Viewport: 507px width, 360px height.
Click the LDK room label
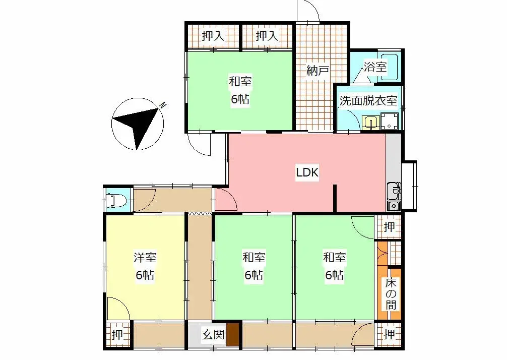(307, 172)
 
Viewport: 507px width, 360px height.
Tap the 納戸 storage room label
(318, 71)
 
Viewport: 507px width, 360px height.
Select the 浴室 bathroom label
(375, 66)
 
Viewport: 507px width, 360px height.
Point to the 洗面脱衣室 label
(368, 100)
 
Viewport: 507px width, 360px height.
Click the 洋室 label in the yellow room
(145, 258)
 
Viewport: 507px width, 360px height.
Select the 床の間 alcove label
(391, 293)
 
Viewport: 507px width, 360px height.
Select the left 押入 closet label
(213, 36)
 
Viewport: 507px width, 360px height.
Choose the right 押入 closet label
(267, 36)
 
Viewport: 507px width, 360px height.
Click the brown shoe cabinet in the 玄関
(232, 335)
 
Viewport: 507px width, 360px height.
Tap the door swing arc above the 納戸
(308, 12)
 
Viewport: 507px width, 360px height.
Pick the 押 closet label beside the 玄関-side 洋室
(117, 335)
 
